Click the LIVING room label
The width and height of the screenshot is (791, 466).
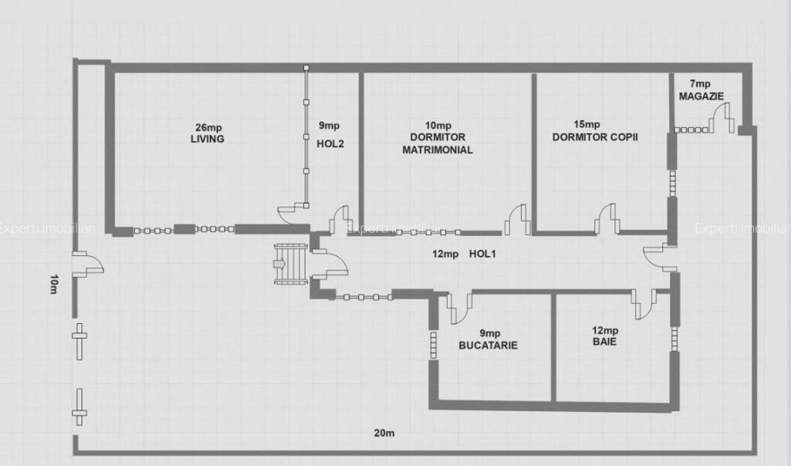tap(207, 139)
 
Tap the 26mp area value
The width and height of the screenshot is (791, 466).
tap(209, 127)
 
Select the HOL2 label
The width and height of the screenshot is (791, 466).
tap(330, 144)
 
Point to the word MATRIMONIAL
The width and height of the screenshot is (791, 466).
tap(438, 150)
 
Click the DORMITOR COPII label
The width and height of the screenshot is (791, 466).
tap(595, 137)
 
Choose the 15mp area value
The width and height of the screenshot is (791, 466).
tap(587, 125)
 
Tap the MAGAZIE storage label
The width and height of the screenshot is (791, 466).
tap(701, 96)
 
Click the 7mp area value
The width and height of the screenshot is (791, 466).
tap(700, 84)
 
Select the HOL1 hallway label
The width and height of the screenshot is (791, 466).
tap(483, 254)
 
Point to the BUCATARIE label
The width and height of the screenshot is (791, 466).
tap(488, 345)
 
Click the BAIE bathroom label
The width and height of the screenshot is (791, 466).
tap(604, 341)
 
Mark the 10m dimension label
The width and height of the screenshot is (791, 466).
tap(53, 284)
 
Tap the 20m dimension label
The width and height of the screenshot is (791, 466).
tap(384, 433)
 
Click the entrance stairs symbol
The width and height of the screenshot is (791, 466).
tap(291, 264)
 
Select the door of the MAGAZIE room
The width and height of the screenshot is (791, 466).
tap(722, 118)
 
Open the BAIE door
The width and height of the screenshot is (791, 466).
tap(644, 305)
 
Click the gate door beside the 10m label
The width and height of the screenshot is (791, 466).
tap(88, 264)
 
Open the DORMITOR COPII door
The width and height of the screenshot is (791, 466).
tap(606, 219)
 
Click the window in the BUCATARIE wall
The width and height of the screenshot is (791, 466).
tap(433, 345)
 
